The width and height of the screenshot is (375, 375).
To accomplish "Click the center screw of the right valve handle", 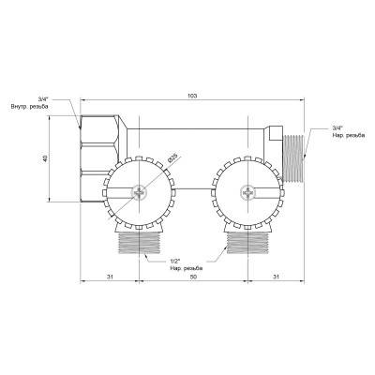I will [x=247, y=193].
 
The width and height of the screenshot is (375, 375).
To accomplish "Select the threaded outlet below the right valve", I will [x=247, y=247].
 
